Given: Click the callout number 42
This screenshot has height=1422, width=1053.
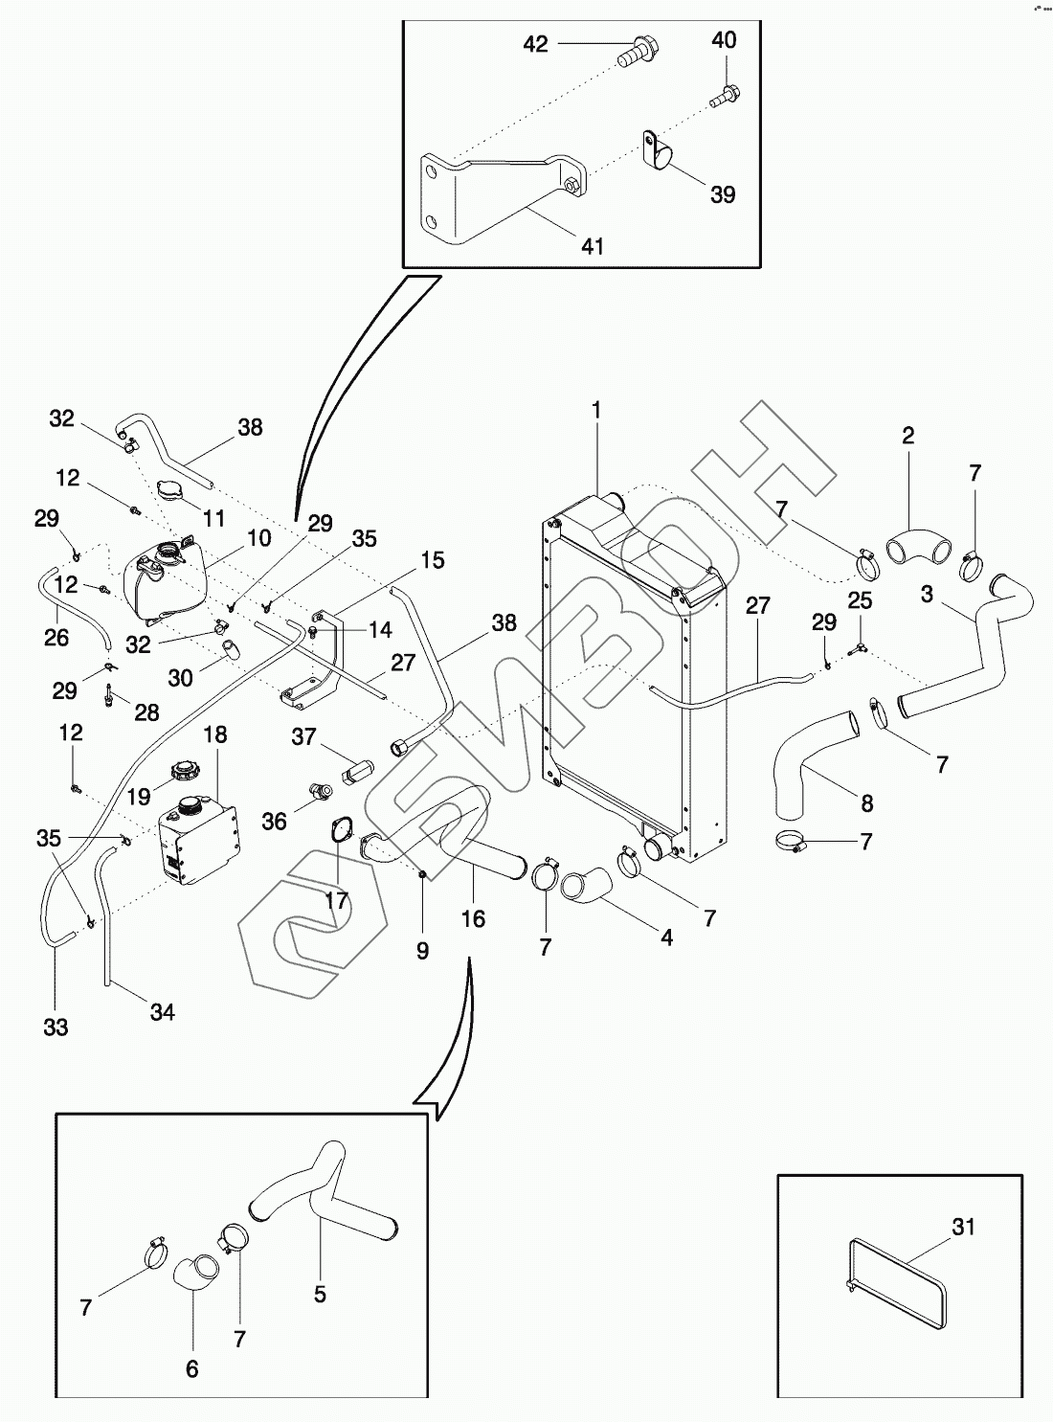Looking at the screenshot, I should (x=535, y=44).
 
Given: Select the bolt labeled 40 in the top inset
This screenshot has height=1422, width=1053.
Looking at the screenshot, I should (x=726, y=95).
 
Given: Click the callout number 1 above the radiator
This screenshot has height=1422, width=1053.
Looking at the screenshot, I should (x=596, y=411).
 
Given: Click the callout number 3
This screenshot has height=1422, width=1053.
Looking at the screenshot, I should (x=927, y=594).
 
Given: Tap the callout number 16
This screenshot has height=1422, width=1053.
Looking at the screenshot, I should (x=473, y=919).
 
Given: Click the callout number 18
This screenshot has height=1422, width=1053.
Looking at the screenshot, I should (x=215, y=734).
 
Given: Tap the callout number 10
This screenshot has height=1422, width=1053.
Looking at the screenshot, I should (x=258, y=538).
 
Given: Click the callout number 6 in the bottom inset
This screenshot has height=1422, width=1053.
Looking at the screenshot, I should (x=191, y=1369).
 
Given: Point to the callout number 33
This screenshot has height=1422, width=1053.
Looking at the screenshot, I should (x=56, y=1027).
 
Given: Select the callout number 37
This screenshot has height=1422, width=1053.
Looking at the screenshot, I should (x=303, y=735).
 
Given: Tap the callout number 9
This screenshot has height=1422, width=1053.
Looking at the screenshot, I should (x=422, y=950).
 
